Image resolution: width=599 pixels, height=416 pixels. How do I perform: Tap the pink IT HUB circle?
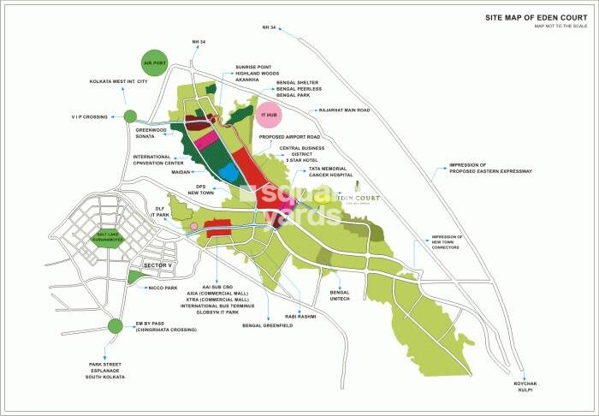pyautogui.click(x=270, y=114)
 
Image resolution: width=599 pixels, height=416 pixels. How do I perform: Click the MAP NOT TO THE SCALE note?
pyautogui.click(x=560, y=27)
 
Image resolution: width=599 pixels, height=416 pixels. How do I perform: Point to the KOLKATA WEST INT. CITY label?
pyautogui.click(x=119, y=82)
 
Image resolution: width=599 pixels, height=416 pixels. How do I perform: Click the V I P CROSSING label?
pyautogui.click(x=88, y=116)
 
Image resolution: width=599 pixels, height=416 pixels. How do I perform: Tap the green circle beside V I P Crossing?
pyautogui.click(x=130, y=116)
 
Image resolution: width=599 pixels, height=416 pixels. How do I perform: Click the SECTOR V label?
pyautogui.click(x=159, y=266)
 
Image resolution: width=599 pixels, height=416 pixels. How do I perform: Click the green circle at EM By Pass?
pyautogui.click(x=115, y=325)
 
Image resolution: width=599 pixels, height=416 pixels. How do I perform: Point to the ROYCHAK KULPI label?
pyautogui.click(x=524, y=387)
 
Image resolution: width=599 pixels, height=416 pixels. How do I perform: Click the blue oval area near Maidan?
pyautogui.click(x=228, y=174)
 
